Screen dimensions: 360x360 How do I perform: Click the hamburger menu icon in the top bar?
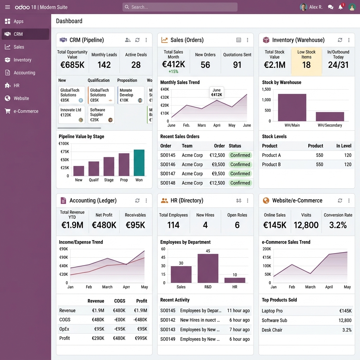coord(7,7)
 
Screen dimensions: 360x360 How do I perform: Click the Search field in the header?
coord(180,7)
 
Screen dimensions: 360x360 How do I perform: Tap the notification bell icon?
coord(340,7)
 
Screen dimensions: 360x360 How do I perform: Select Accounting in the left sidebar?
coord(24,73)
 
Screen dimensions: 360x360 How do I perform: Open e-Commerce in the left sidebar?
coord(26,111)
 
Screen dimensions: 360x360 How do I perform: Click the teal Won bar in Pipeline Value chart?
coord(139,163)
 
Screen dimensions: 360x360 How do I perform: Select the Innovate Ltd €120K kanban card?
coord(72,115)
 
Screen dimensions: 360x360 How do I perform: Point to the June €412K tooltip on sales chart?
coord(217,92)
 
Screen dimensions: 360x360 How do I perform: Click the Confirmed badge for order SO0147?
coord(240,174)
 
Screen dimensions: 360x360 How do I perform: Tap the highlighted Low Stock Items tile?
coord(306,61)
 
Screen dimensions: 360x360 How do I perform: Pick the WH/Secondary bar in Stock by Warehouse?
coord(330,116)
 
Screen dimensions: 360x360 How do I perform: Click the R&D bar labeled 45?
coord(208,268)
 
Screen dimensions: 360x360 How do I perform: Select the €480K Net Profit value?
coord(104,225)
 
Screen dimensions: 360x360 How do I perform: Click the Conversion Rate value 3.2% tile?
coord(338,225)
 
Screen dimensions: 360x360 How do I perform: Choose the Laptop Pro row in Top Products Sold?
coord(272,311)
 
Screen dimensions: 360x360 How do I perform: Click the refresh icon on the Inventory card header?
coord(340,40)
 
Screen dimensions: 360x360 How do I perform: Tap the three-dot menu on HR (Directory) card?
coord(247,200)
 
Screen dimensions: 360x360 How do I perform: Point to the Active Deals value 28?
coord(136,65)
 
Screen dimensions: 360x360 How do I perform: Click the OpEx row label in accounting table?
coord(64,329)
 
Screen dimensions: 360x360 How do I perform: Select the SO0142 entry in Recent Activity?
coord(168,320)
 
